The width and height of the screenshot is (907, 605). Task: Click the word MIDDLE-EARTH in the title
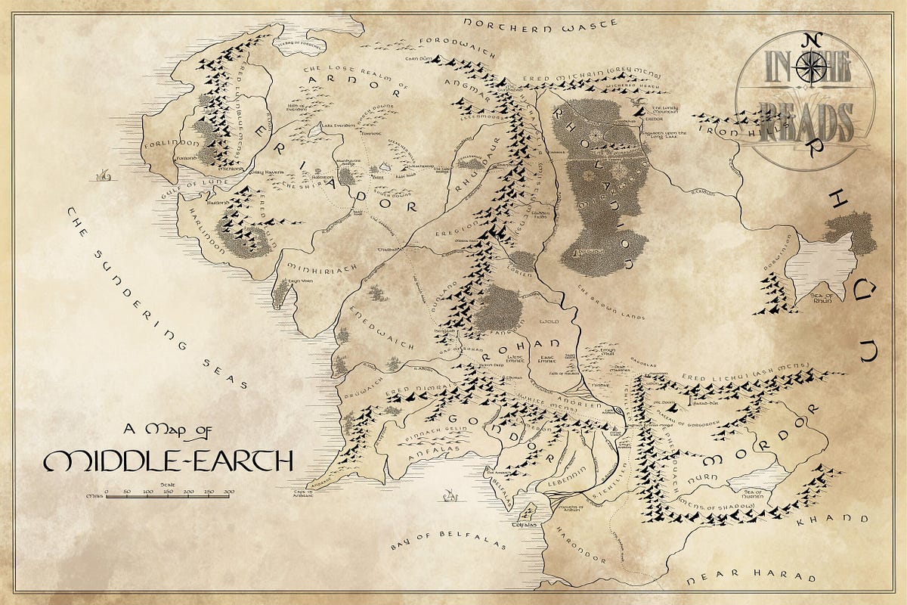(168, 461)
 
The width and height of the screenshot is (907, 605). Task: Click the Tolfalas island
(525, 514)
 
